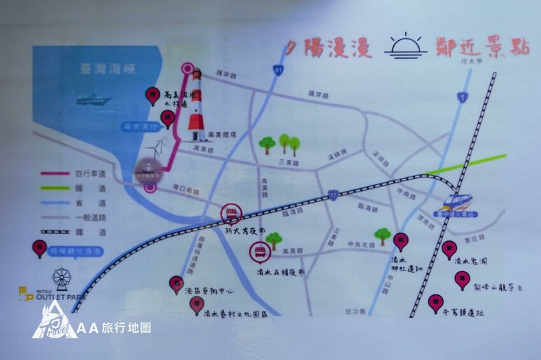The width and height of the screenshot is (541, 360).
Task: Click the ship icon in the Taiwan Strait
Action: [93, 100]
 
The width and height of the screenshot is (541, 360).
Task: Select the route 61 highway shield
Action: [279, 69]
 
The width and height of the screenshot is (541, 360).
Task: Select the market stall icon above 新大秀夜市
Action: [230, 213]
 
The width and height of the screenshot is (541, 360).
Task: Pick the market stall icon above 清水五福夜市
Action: [259, 253]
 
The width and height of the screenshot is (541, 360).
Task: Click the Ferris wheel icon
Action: [62, 277]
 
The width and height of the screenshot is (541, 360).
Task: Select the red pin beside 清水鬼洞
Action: [449, 249]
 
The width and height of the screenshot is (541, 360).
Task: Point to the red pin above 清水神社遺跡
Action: [400, 240]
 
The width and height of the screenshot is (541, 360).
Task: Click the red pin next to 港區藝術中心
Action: [176, 284]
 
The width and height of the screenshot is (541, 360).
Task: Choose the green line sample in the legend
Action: [55, 188]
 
